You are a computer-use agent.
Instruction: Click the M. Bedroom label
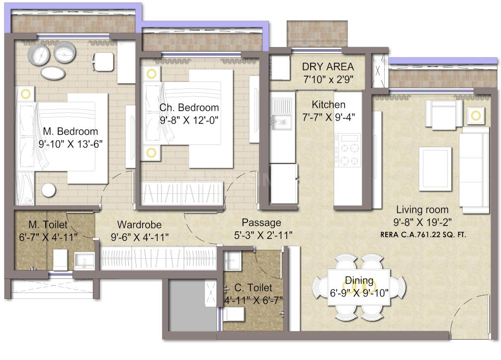pos(70,132)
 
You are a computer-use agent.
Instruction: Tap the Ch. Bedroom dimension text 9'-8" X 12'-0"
pos(189,119)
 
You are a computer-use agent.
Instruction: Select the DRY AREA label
pos(328,67)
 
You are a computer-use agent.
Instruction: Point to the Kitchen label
pos(329,105)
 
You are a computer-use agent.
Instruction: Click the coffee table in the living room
pos(435,169)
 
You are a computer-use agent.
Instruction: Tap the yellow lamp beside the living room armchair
pos(476,116)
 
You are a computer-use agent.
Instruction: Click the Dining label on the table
pos(360,281)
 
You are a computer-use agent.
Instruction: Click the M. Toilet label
pos(48,225)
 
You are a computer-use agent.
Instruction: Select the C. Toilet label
pos(253,288)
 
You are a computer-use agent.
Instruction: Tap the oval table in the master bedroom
pos(53,73)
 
